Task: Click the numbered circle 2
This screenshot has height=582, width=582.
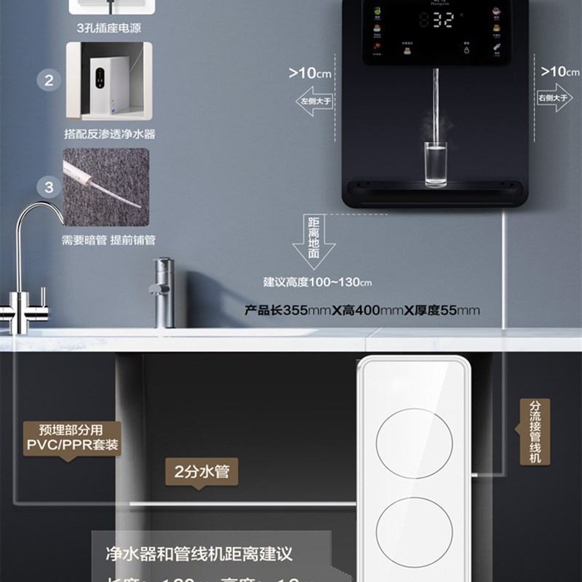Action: coord(49,80)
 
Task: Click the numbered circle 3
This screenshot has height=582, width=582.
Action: coord(49,188)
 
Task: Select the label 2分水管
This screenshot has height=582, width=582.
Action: coord(202,471)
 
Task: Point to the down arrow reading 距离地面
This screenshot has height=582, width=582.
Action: coord(314,240)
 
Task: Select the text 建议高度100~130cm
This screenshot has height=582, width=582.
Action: coord(317,282)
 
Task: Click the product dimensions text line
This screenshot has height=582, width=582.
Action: coord(362,311)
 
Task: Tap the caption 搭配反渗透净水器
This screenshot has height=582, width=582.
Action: coord(109,135)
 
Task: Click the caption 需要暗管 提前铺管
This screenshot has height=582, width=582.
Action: coord(108,240)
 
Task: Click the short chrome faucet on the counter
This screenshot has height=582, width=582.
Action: coord(165,291)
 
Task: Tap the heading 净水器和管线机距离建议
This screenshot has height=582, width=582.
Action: coord(199,555)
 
